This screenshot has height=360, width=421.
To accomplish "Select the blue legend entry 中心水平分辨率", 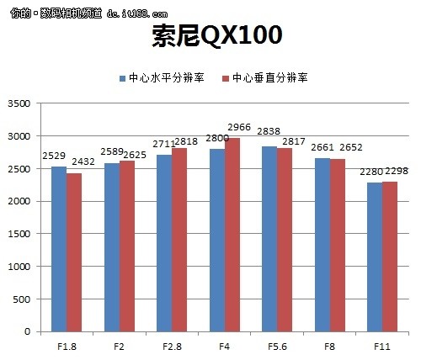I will pos(161,78).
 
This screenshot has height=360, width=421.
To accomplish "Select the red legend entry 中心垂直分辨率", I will pos(264,78).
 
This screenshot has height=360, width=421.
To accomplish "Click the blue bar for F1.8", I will pos(58,249).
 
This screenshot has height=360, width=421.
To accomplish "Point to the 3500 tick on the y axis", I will pos(18,103).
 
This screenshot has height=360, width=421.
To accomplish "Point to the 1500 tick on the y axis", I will pos(18,234).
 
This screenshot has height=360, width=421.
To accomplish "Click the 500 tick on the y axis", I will pos(21,299).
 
